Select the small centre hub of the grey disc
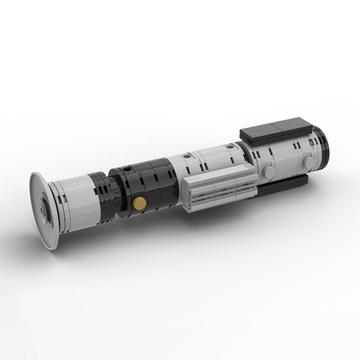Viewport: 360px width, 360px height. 42,209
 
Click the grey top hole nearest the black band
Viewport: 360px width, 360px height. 186,156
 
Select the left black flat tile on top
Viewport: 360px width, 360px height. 261,130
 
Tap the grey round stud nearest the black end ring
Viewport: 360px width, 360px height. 309,162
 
